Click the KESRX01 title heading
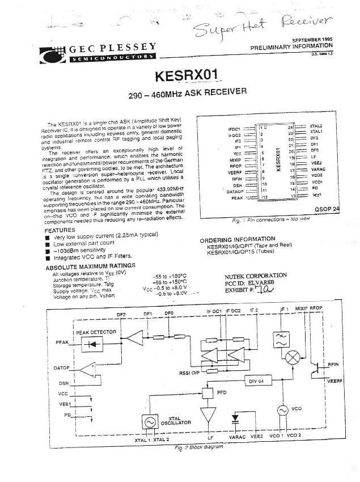point(183,75)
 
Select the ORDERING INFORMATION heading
point(238,239)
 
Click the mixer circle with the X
point(293,357)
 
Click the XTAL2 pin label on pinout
point(316,125)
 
